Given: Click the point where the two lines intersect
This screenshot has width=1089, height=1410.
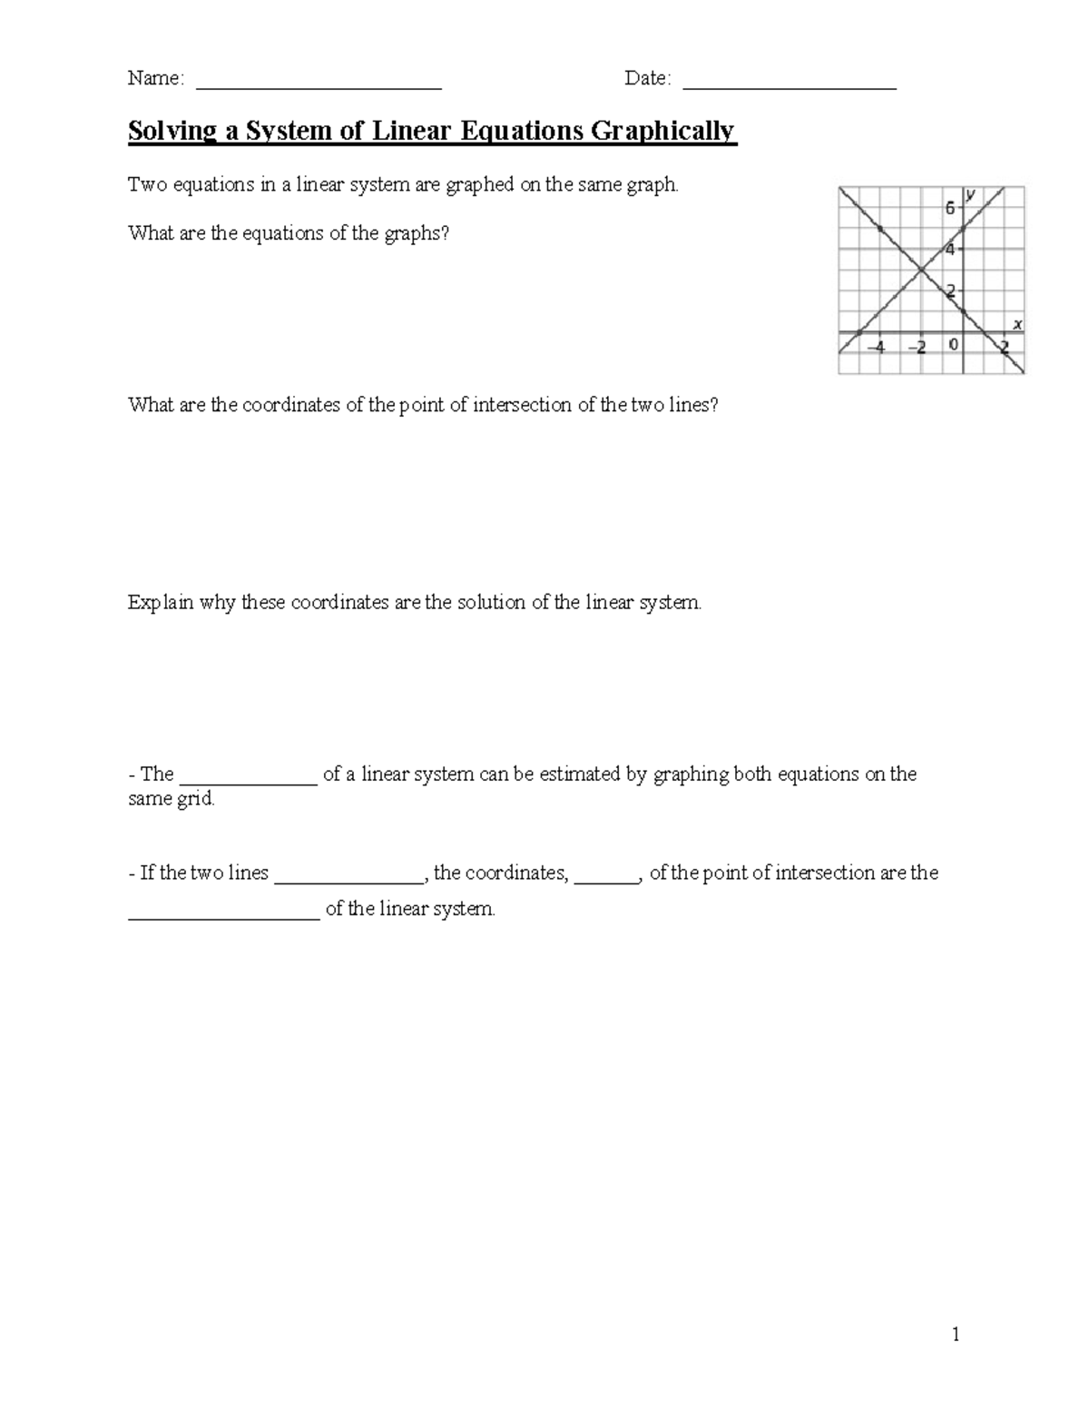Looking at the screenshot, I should [921, 269].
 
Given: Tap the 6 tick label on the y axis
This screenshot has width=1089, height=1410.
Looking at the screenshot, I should [950, 208].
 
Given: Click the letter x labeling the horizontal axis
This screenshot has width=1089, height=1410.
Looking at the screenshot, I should [1017, 324].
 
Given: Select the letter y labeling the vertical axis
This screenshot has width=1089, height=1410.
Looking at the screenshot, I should [971, 194].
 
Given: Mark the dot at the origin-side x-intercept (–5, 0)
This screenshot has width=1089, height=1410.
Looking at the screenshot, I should [859, 332].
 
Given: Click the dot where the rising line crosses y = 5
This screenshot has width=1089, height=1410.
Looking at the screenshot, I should [963, 228].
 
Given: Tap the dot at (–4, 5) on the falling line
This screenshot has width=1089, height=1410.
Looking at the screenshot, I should [880, 229].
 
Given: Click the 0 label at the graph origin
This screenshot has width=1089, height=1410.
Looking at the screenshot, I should [953, 345].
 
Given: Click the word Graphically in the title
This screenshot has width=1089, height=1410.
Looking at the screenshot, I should [663, 132].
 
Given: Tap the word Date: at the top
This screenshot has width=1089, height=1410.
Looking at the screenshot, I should [648, 79].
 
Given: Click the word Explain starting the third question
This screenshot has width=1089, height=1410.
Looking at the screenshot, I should [161, 603].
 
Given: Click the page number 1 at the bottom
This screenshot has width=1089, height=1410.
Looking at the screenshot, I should [956, 1334].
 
